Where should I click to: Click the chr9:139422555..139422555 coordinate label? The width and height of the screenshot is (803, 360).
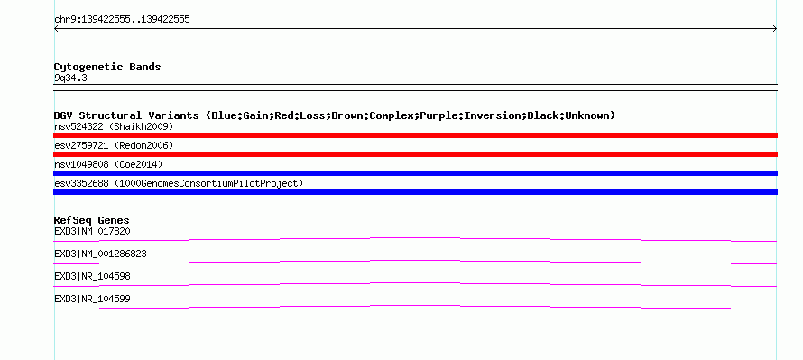[122, 20]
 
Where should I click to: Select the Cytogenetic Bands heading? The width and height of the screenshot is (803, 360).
[107, 67]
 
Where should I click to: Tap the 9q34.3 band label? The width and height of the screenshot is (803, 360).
[70, 78]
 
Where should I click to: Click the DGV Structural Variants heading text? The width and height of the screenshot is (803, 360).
[335, 115]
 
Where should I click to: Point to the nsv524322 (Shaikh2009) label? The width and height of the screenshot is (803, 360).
[114, 126]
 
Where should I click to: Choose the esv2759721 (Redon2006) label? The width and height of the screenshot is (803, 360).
[114, 145]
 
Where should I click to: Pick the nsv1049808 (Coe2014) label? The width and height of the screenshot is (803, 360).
[108, 164]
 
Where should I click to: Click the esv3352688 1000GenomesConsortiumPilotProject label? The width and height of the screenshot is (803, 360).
[179, 183]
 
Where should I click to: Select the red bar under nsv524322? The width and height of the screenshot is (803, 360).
[415, 135]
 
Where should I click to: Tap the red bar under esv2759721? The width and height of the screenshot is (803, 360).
[415, 154]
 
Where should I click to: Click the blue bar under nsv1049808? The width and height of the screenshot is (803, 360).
[415, 173]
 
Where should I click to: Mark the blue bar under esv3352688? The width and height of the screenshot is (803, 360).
[415, 192]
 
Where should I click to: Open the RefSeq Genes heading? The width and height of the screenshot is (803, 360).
[92, 221]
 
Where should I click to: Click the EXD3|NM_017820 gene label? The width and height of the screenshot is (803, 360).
[92, 232]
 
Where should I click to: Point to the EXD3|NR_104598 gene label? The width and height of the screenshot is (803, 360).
[92, 276]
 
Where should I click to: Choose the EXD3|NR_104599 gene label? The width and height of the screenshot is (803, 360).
[92, 299]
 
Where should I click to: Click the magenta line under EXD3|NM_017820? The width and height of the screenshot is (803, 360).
[415, 238]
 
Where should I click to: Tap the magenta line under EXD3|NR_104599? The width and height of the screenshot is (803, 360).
[415, 306]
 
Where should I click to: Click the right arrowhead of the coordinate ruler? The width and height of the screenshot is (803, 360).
[775, 29]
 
